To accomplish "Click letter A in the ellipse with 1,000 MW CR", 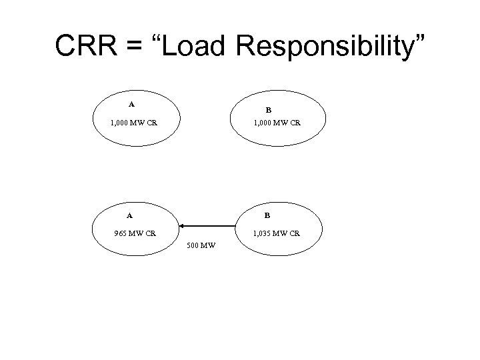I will (131, 104).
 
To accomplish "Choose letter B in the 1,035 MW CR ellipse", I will (267, 215).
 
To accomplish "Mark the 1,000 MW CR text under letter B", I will (275, 123).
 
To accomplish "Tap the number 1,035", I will (262, 233).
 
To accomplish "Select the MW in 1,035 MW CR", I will (281, 233).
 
